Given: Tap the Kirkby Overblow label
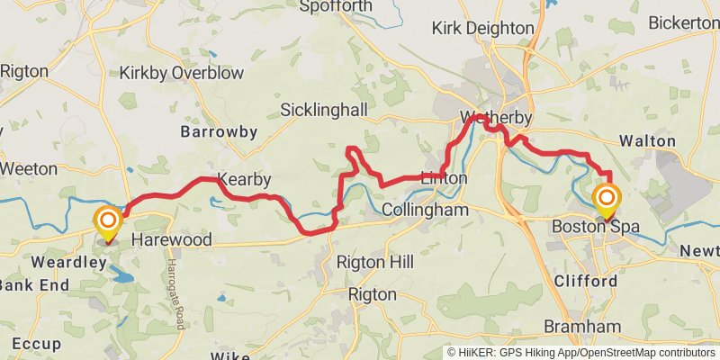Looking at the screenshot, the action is [x=171, y=71].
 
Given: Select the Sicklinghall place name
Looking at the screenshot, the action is [x=324, y=110].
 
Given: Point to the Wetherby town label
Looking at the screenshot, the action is [x=496, y=118].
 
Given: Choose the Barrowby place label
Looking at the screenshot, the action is [x=219, y=131].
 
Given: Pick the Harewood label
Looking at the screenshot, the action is [x=171, y=240].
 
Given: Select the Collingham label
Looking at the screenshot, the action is [x=425, y=209].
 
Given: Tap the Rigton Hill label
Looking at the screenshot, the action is [x=374, y=262].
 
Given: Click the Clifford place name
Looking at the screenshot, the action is [x=586, y=281].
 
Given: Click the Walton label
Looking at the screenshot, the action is [x=648, y=141].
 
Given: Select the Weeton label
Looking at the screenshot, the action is [x=29, y=168].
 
